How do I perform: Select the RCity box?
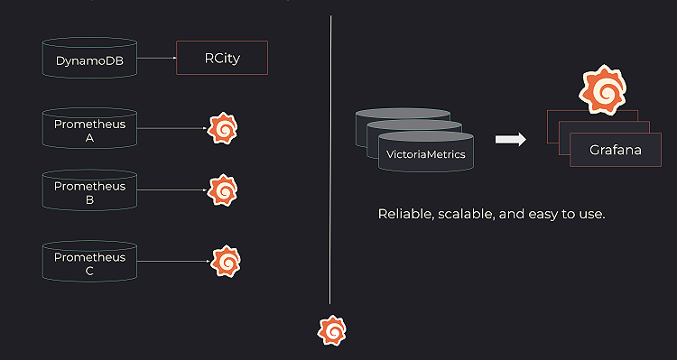(222, 58)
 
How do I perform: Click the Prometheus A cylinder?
(89, 129)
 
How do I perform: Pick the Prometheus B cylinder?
(89, 191)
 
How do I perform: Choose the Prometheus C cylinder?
(89, 263)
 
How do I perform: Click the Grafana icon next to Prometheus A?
(223, 129)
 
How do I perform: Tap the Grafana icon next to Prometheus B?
(223, 190)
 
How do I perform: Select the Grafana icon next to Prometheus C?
(226, 262)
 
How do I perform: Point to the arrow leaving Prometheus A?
(172, 129)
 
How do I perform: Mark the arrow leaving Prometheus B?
(172, 190)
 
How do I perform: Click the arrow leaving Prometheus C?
(173, 263)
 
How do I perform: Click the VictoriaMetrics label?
(426, 155)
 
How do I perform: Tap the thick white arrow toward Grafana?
(511, 139)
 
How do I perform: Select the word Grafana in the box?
(616, 150)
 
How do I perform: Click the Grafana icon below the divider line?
(332, 331)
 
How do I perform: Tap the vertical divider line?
(330, 162)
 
